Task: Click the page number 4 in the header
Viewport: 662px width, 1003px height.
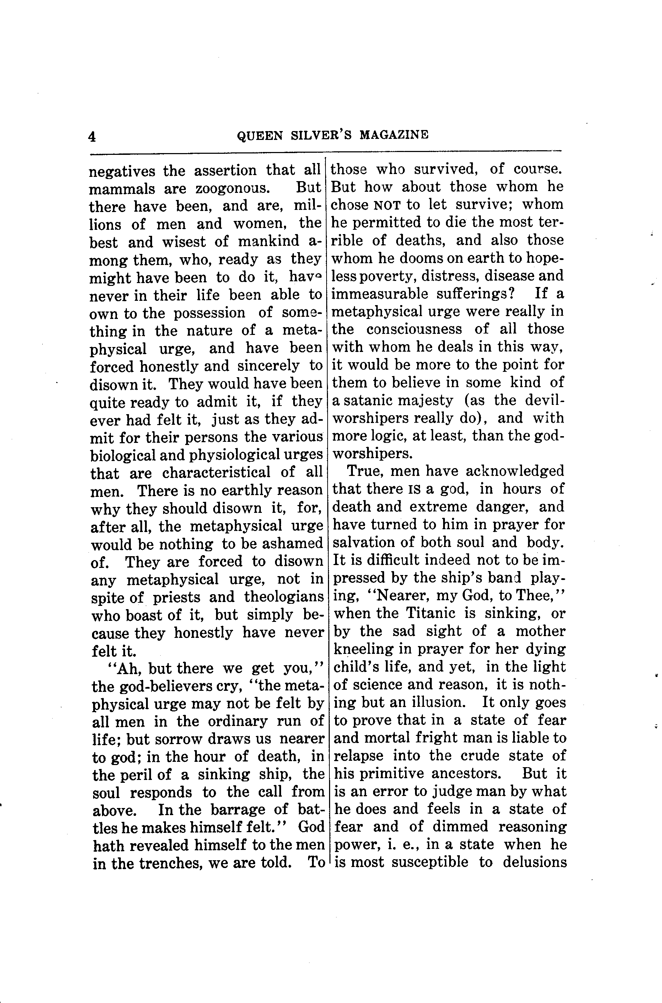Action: pyautogui.click(x=92, y=137)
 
